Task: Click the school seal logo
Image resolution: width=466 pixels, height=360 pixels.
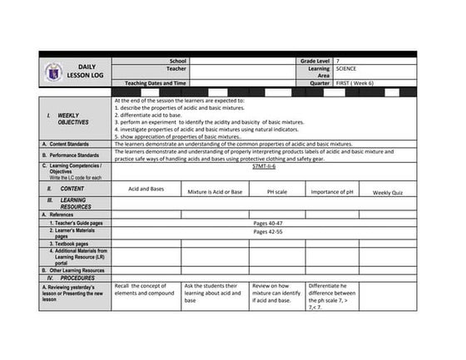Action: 53,73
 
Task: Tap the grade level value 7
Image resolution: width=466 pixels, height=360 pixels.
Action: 339,61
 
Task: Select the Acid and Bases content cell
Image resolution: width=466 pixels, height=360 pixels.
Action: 146,189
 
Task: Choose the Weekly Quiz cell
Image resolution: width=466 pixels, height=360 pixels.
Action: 388,193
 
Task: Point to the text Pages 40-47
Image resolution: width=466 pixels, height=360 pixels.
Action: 268,224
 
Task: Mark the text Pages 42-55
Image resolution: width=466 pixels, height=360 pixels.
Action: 268,232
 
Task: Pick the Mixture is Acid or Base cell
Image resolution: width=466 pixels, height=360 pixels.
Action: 215,192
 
